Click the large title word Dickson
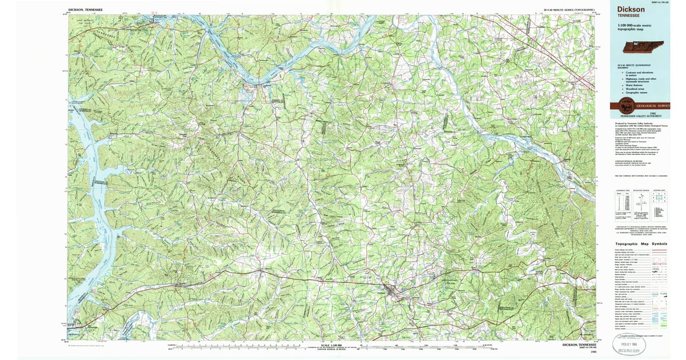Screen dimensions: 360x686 pos(631,9)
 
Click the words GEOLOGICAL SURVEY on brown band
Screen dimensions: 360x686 pos(652,106)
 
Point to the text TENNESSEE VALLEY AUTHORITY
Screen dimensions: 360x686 pos(643,116)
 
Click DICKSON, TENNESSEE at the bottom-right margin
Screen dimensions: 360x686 pos(579,345)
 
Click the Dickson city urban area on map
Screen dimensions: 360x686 pos(391,292)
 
